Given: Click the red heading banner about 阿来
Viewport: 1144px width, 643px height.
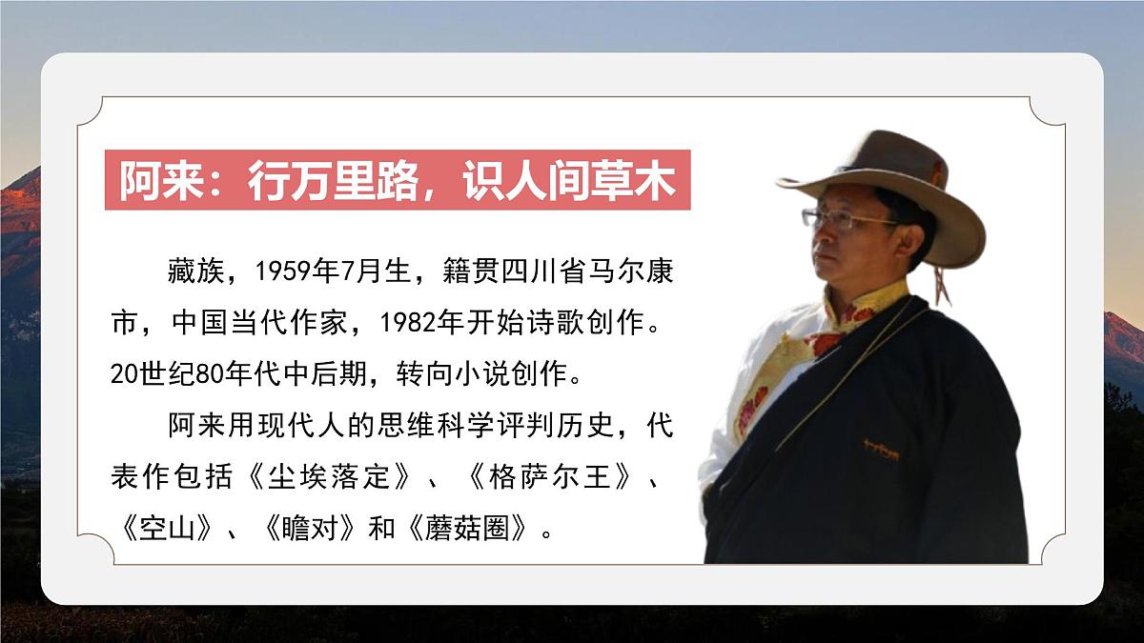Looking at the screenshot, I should (x=397, y=180).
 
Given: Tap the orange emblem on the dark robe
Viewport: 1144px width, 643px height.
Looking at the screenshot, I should (x=881, y=448).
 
